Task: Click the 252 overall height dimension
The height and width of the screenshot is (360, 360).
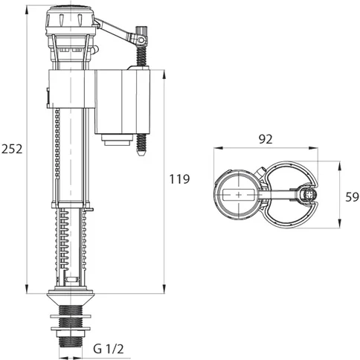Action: pos(12,148)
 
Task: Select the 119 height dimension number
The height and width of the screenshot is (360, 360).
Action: pos(179,179)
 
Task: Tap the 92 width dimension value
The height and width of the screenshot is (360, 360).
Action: pos(267,138)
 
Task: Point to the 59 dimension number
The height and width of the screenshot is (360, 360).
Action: pos(351,196)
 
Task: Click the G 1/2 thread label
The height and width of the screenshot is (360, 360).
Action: pos(108,348)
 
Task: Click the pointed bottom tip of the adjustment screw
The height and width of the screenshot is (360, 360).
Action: pos(141,158)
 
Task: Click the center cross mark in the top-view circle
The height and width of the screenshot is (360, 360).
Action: pos(238,195)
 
